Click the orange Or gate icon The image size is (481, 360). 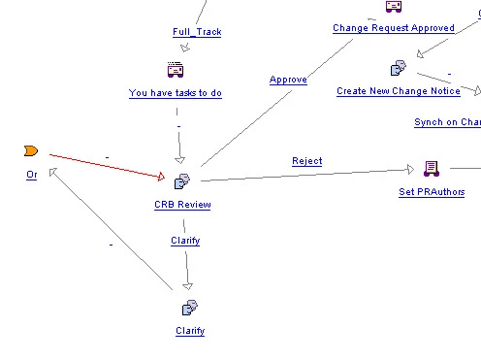point(31,150)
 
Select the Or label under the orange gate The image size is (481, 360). point(32,175)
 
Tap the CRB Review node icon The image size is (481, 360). point(182,181)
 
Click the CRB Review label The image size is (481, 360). point(182,205)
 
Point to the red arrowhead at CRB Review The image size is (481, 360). point(161,177)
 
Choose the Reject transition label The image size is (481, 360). point(307,161)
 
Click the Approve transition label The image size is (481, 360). point(288,80)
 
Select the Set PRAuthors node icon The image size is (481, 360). point(432,169)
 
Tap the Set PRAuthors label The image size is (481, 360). point(432,192)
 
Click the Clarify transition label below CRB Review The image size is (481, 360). point(185,241)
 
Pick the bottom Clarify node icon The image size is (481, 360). point(190,308)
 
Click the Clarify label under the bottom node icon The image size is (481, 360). point(190,331)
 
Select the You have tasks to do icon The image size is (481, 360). point(176,70)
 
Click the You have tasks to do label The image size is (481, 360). point(176,93)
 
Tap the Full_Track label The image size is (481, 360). point(197,32)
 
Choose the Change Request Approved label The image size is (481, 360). point(394,28)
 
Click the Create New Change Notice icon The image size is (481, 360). point(399,68)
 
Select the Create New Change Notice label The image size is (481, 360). point(399,91)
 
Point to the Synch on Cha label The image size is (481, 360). point(448,122)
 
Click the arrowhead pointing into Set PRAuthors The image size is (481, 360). point(410,169)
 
